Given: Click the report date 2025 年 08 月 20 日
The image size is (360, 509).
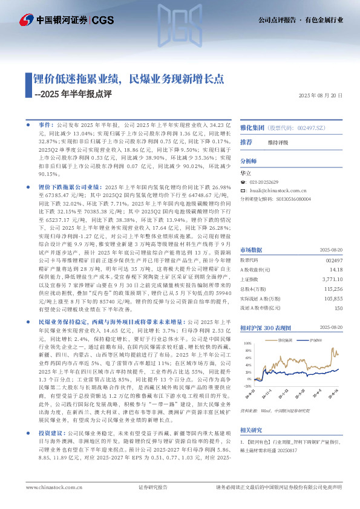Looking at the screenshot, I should [321, 96].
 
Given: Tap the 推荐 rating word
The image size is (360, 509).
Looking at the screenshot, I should [246, 142].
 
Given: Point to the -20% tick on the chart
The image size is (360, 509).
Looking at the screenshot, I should [246, 385].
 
